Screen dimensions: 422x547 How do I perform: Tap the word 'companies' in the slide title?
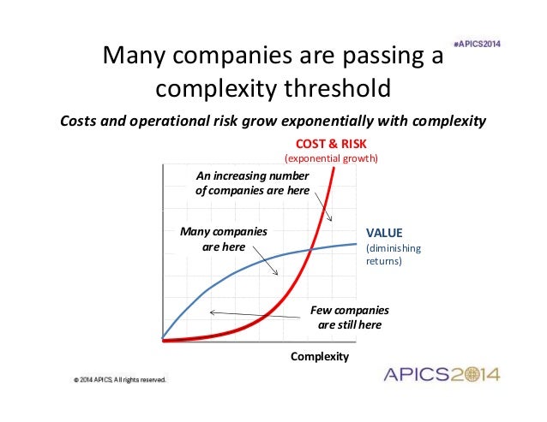pos(213,57)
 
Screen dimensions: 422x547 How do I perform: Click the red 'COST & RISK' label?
pos(330,143)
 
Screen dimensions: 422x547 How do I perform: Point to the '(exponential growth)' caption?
pos(330,158)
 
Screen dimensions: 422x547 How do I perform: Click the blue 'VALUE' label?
pos(384,232)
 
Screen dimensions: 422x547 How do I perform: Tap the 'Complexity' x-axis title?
pos(320,357)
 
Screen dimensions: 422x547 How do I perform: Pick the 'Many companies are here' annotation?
pos(222,239)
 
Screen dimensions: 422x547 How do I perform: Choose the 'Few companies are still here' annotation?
pos(349,317)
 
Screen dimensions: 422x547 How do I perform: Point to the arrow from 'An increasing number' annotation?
pos(322,208)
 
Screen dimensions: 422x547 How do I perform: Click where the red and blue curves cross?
pos(313,249)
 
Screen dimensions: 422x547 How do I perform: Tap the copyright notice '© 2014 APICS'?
pos(119,378)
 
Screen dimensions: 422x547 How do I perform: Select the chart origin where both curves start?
pos(163,340)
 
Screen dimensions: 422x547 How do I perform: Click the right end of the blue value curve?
pos(355,244)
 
